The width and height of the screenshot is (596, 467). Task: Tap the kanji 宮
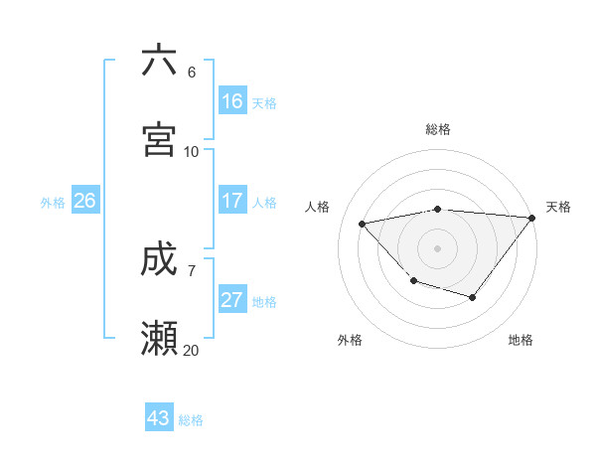click(159, 140)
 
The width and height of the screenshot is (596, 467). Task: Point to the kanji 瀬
click(159, 339)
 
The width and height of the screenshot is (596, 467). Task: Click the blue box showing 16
click(232, 101)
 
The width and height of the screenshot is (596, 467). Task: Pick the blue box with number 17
click(232, 201)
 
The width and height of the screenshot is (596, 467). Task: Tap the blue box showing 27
click(232, 300)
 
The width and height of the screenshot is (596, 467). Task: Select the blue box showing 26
click(84, 201)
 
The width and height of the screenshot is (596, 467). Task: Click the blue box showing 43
click(159, 418)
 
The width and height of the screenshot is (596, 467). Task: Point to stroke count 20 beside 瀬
click(191, 350)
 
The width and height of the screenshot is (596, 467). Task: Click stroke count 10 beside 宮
click(191, 151)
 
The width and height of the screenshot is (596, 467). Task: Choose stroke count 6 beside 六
click(191, 72)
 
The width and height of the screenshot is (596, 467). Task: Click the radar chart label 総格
click(438, 129)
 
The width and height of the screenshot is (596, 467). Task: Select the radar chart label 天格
click(558, 207)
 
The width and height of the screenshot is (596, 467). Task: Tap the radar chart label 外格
click(350, 340)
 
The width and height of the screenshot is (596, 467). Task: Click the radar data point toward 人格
click(363, 224)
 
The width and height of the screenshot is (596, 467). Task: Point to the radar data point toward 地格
click(473, 297)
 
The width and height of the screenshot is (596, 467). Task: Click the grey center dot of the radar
click(438, 248)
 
